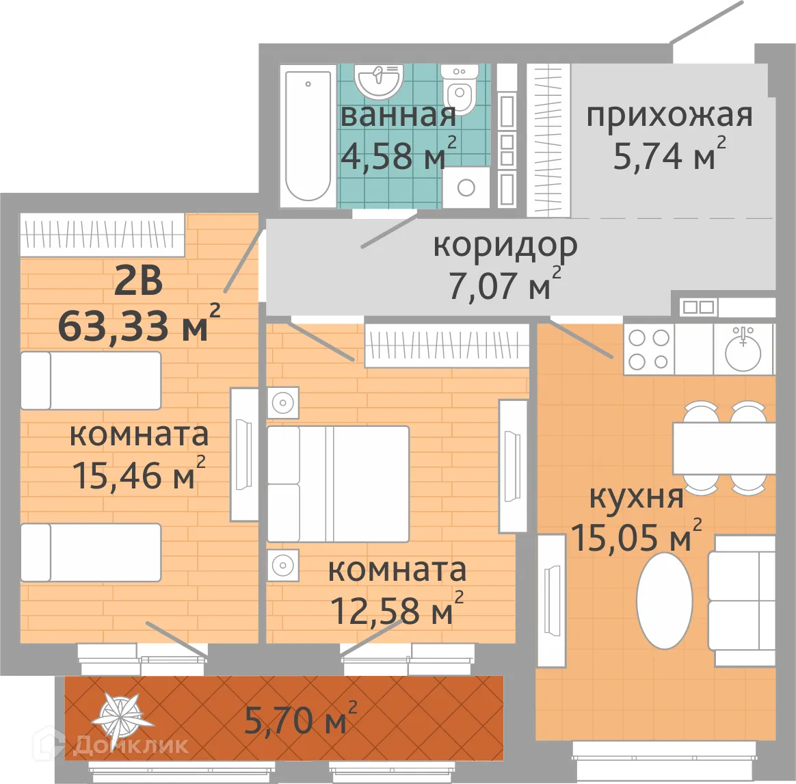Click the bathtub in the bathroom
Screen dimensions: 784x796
tap(308, 135)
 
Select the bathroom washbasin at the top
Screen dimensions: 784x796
tap(377, 81)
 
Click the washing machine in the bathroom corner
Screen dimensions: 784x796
tap(466, 187)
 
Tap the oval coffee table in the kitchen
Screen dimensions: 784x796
tap(664, 600)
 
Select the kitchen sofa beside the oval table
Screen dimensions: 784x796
tap(741, 600)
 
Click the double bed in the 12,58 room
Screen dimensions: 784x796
tap(338, 484)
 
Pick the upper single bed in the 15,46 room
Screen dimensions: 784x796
tap(90, 380)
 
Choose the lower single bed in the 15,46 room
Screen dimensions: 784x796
tap(90, 552)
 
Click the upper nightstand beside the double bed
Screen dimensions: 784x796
tap(282, 403)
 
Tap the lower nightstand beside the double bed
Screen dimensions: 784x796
tap(282, 565)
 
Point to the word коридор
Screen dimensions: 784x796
tap(505, 245)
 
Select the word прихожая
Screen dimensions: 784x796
tap(669, 116)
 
